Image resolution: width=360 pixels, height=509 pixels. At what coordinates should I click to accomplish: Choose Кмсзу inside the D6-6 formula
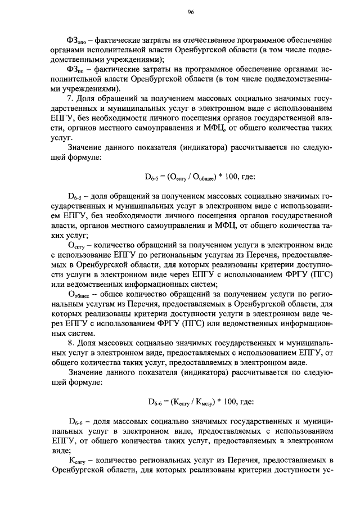tap(203, 402)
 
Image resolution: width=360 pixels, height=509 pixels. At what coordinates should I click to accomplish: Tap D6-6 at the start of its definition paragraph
tap(75, 421)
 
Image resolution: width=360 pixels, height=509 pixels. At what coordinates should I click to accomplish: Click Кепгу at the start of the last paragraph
tap(76, 460)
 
